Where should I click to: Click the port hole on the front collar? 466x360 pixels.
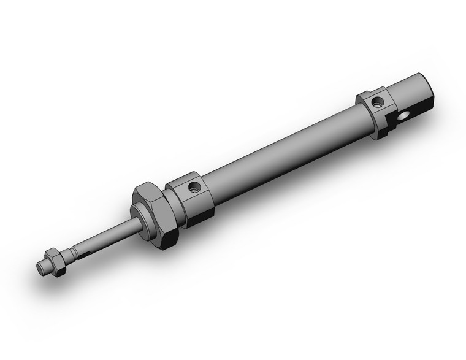point(194,187)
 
